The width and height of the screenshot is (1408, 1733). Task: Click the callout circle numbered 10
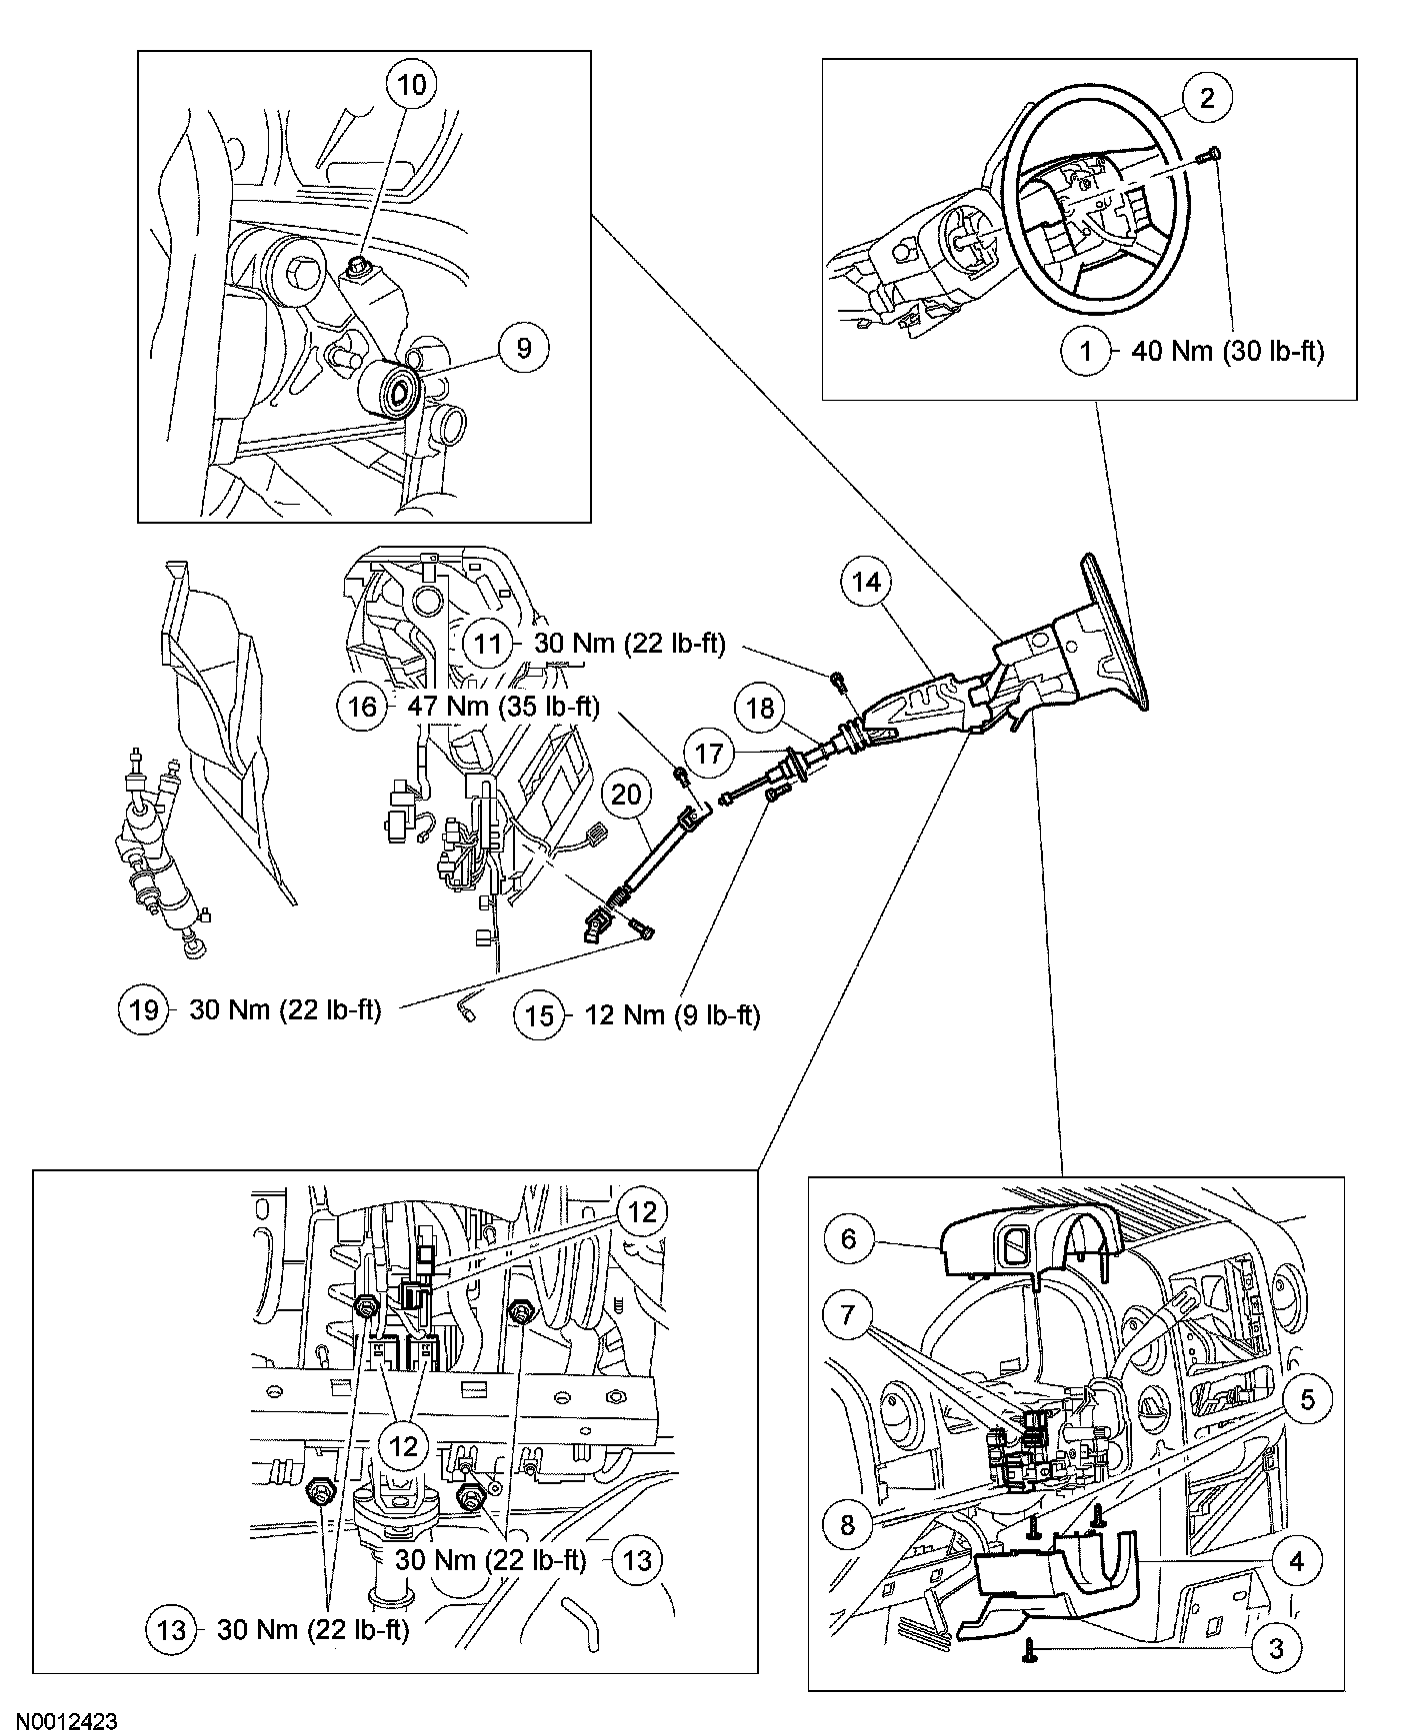[x=411, y=85]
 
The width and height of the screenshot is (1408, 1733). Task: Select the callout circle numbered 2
[x=1207, y=97]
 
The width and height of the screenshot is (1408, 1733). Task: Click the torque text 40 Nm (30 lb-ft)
[x=1227, y=352]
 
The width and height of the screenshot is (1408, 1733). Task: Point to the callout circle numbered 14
[x=866, y=582]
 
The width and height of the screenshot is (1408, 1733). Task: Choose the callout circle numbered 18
[x=760, y=709]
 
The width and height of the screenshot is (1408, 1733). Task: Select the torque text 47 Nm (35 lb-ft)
[x=503, y=707]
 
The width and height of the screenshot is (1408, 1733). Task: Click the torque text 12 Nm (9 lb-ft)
[x=672, y=1015]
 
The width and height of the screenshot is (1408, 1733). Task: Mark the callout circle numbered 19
[x=144, y=1009]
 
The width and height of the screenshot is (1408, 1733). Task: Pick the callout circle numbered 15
[x=539, y=1015]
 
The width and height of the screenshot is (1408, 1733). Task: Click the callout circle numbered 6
[x=849, y=1239]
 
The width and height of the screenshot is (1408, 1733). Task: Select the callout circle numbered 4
[x=1296, y=1559]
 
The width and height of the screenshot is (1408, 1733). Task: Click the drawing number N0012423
[x=59, y=1721]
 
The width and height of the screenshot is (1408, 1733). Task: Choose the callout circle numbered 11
[x=487, y=643]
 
